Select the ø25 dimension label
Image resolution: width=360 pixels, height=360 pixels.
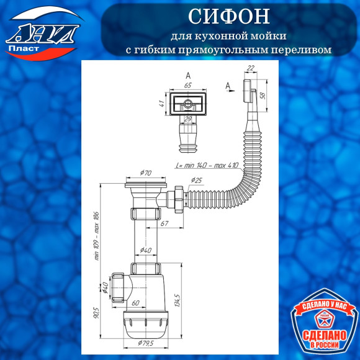[x=197, y=181]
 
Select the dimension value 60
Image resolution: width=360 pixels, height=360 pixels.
[x=135, y=304]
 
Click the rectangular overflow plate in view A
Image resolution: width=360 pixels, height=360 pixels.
[x=188, y=103]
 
